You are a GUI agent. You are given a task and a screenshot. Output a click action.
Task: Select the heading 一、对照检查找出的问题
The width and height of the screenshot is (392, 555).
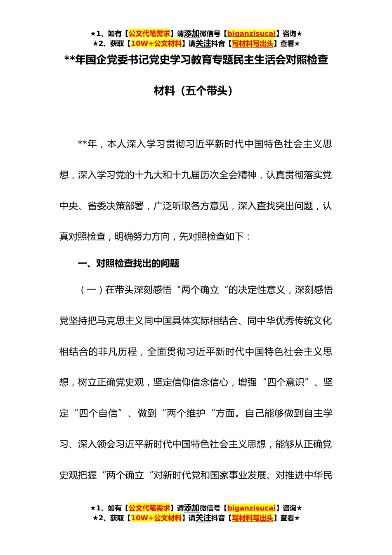click(x=128, y=263)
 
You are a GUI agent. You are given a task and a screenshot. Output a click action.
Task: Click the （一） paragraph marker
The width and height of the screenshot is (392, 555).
click(x=91, y=290)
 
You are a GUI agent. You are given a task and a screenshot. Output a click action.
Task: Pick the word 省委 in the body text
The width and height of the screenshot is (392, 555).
click(x=97, y=206)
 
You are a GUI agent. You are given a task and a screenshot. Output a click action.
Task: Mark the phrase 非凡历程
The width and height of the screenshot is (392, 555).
click(x=118, y=352)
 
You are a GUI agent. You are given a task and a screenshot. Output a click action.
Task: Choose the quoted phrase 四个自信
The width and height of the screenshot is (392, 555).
click(x=98, y=413)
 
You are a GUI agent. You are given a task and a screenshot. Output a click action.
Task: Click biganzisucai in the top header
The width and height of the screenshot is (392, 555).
click(x=251, y=34)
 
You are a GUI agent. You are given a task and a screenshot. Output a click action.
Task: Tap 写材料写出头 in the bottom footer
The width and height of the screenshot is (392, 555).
click(x=253, y=518)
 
